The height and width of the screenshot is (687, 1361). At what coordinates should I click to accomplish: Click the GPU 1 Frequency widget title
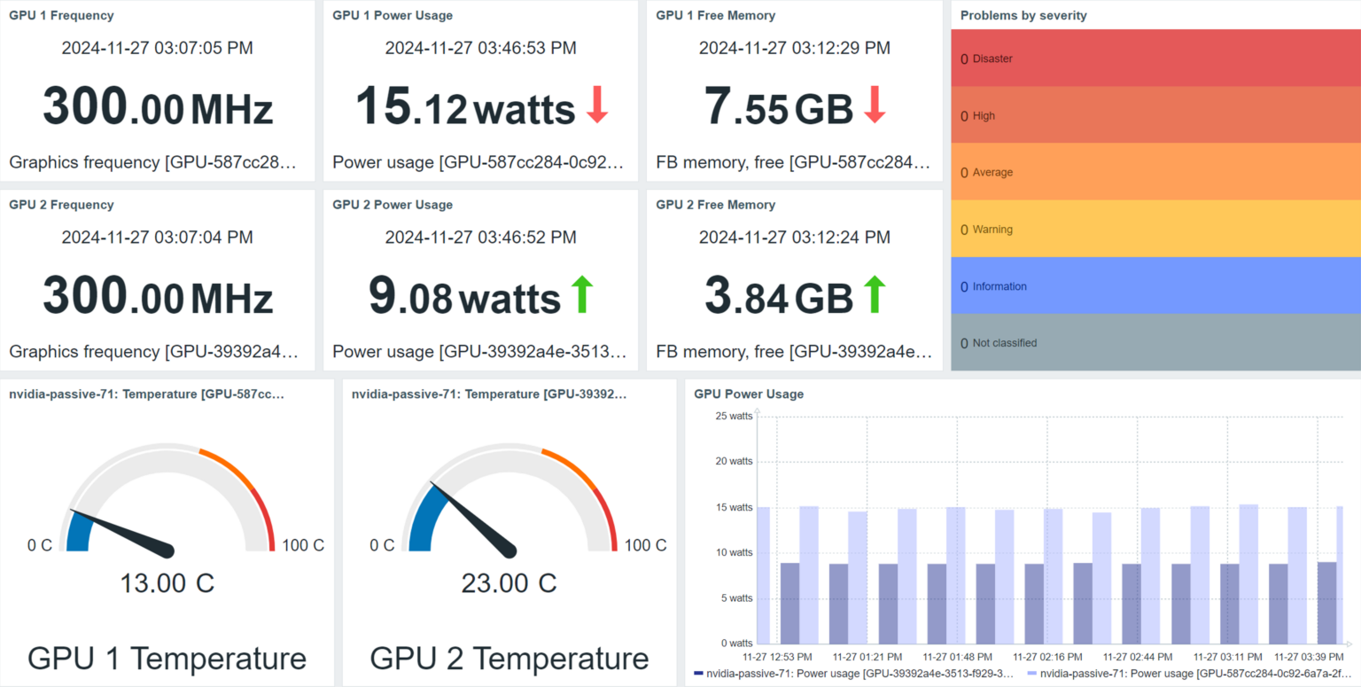[61, 15]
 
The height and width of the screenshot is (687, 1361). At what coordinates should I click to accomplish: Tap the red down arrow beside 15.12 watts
[597, 105]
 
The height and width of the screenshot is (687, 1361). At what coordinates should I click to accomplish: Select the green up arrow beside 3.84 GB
[875, 294]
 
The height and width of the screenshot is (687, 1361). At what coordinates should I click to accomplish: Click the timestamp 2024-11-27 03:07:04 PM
[157, 237]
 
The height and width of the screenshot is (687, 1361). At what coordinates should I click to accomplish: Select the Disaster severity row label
[992, 59]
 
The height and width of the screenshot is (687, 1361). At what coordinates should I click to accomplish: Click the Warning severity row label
[992, 230]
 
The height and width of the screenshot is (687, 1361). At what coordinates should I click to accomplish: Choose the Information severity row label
[999, 286]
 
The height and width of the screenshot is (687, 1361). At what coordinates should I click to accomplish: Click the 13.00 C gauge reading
[167, 583]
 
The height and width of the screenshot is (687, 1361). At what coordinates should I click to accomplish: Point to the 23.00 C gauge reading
[509, 583]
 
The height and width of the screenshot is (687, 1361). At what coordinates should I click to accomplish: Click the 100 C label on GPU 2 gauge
[645, 545]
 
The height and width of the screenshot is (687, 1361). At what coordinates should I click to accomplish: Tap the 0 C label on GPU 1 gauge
[40, 545]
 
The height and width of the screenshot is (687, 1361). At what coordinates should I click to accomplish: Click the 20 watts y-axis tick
[735, 461]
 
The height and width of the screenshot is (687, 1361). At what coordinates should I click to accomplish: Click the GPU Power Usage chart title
[749, 394]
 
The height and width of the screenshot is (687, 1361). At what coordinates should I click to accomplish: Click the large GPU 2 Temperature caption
[509, 659]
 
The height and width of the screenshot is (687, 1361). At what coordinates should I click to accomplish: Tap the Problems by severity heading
[1023, 15]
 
